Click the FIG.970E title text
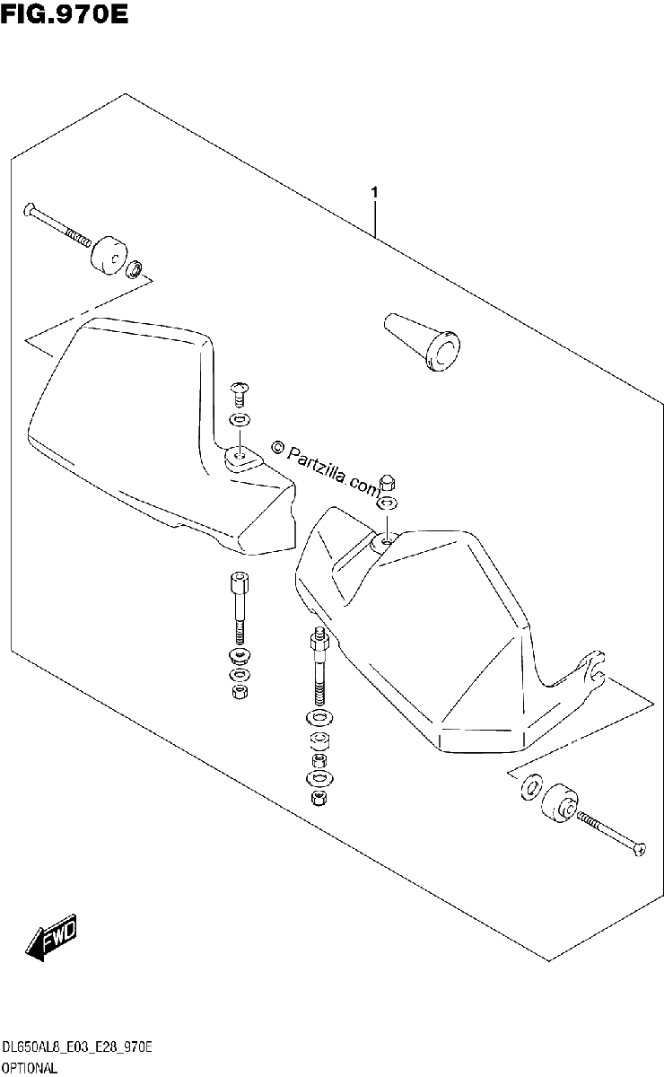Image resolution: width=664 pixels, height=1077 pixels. tap(65, 15)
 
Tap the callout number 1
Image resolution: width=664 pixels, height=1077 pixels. tap(374, 193)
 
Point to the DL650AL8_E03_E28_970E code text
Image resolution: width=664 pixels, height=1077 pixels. tap(77, 1047)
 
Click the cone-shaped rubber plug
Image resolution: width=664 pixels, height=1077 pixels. tap(422, 342)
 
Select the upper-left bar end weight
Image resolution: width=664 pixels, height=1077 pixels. tap(109, 255)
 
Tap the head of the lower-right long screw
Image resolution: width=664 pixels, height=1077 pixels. tap(641, 850)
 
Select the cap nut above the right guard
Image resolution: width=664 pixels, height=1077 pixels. tap(387, 481)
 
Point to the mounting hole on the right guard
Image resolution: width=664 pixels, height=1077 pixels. tap(386, 541)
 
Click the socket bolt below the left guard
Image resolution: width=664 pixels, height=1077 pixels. tap(240, 609)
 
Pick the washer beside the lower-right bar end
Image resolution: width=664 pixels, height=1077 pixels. tap(530, 788)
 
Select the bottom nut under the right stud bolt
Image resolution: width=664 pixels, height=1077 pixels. tap(319, 798)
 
